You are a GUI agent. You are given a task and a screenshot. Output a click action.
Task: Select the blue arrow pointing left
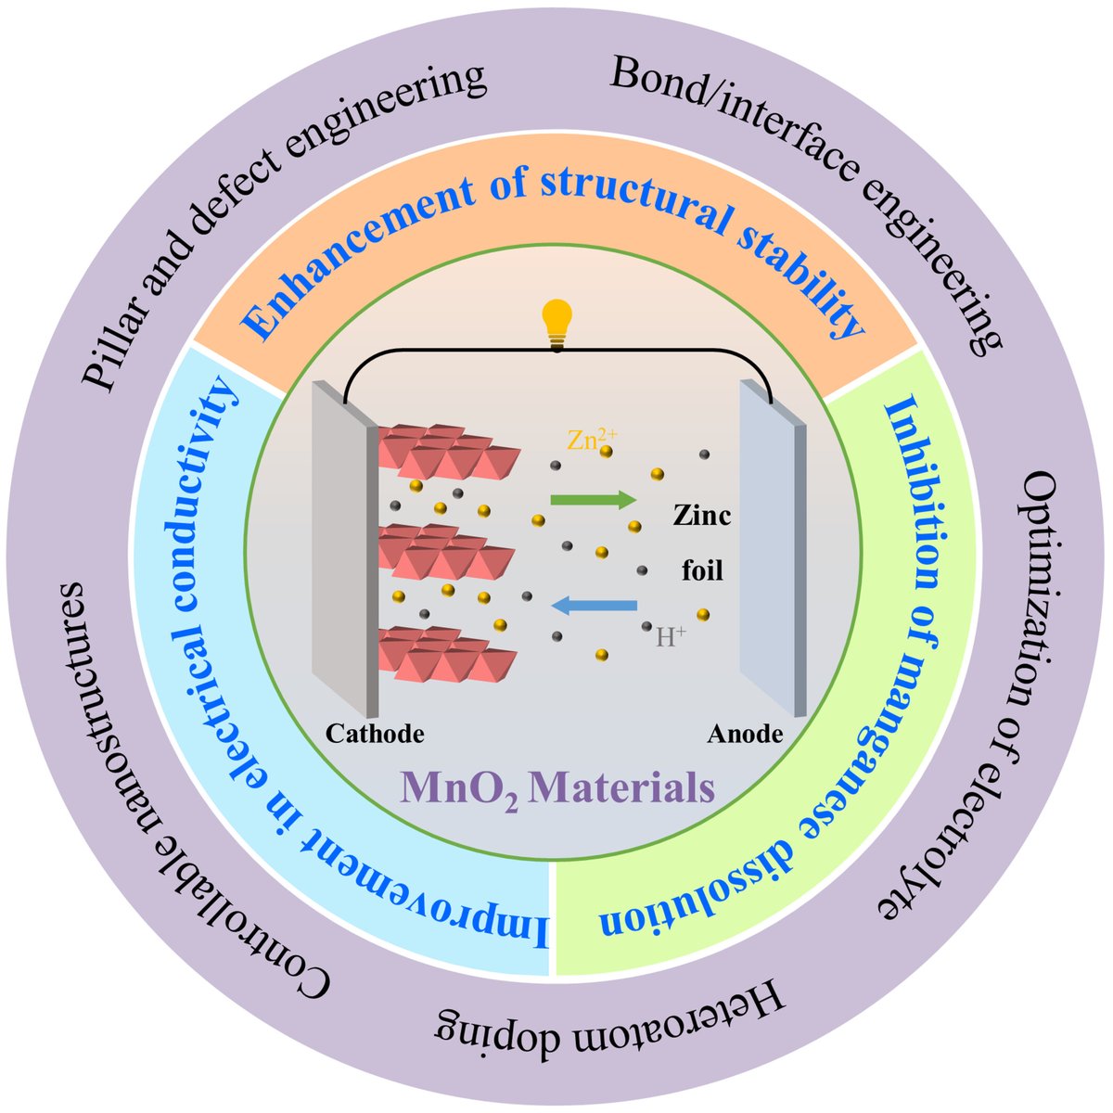[594, 606]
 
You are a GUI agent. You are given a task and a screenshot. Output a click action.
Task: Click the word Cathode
[375, 734]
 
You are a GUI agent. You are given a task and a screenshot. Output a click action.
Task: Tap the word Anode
[745, 734]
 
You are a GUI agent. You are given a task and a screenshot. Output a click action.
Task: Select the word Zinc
[701, 516]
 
